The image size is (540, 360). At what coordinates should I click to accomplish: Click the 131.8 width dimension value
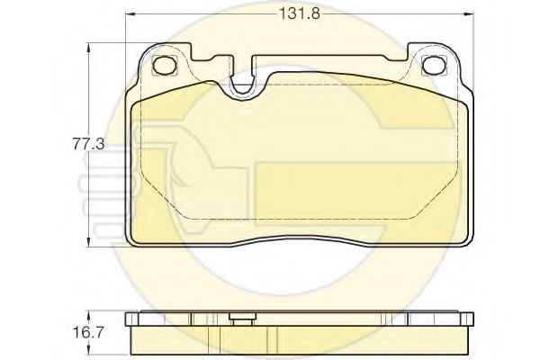[300, 14]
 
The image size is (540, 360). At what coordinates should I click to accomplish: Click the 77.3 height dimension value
[88, 144]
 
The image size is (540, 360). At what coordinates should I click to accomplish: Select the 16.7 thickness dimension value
[88, 332]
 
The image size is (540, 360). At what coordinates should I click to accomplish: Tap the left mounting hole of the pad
[165, 65]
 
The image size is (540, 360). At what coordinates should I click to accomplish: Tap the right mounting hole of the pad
[434, 65]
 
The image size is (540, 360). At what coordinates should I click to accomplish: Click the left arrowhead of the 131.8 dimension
[130, 14]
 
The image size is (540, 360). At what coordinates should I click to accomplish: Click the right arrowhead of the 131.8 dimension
[469, 14]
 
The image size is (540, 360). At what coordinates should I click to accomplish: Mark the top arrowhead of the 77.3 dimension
[89, 48]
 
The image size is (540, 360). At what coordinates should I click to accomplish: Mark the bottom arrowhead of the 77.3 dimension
[89, 242]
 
